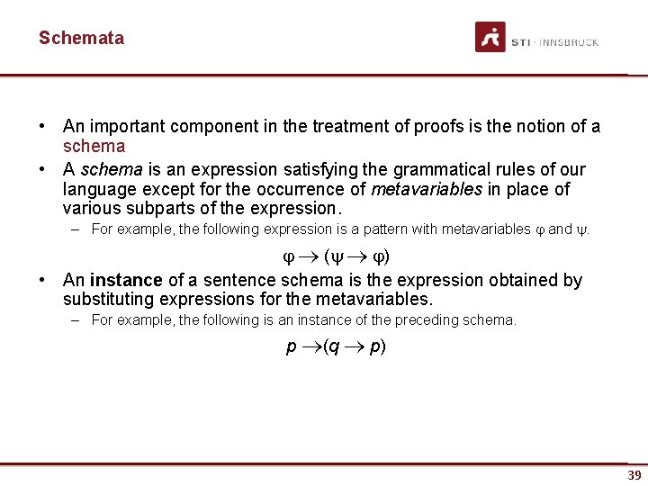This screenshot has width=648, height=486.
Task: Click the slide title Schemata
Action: pos(81,38)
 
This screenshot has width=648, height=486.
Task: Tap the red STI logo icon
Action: pos(490,38)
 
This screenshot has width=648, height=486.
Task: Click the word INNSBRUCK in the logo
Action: pos(570,42)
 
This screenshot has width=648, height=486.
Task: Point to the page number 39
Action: pos(634,475)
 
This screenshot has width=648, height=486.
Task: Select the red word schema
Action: pos(94,146)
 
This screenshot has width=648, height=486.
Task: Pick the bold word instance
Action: pos(126,280)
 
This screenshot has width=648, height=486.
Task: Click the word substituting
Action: pos(111,299)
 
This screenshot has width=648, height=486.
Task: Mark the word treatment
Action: pos(346,126)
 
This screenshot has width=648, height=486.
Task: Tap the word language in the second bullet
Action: pos(98,189)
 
